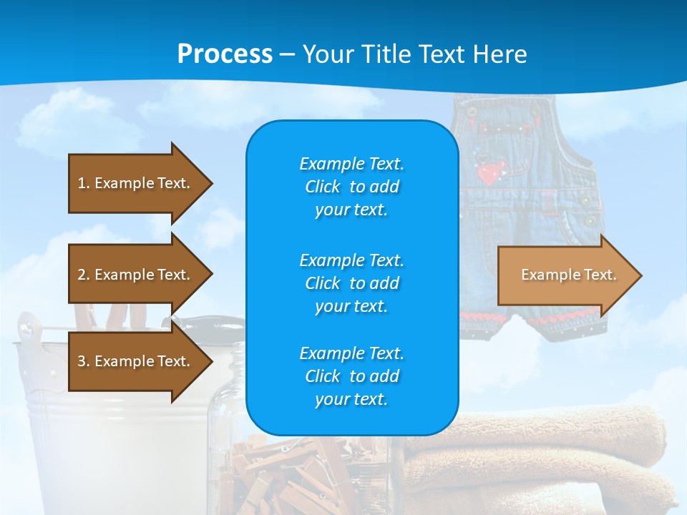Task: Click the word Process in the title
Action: pyautogui.click(x=225, y=54)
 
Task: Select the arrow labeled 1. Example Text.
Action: pyautogui.click(x=136, y=183)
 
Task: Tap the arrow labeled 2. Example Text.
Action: pyautogui.click(x=136, y=275)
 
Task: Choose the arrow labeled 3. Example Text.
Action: pyautogui.click(x=136, y=361)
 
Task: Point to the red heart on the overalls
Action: pyautogui.click(x=491, y=172)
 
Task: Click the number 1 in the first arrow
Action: pyautogui.click(x=82, y=183)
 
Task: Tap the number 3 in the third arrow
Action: pyautogui.click(x=82, y=361)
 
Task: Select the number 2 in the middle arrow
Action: pyautogui.click(x=82, y=275)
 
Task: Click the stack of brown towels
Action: pyautogui.click(x=544, y=458)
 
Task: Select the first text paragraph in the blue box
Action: pyautogui.click(x=351, y=187)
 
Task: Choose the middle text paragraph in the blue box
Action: pyautogui.click(x=351, y=283)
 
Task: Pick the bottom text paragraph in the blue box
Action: pyautogui.click(x=351, y=376)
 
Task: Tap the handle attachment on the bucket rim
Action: pyautogui.click(x=26, y=326)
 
